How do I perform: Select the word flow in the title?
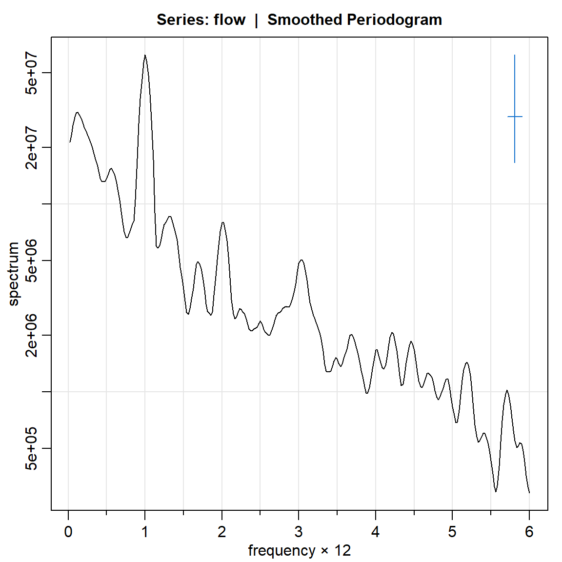[x=229, y=20]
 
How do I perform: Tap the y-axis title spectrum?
[x=14, y=274]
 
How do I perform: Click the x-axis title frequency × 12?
[x=299, y=551]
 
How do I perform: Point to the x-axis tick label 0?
[x=68, y=532]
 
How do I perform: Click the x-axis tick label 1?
[x=145, y=532]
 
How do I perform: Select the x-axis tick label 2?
[x=222, y=532]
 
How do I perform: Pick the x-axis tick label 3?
[x=299, y=532]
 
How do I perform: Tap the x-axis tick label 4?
[x=375, y=532]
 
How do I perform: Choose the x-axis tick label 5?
[x=452, y=532]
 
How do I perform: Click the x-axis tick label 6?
[x=529, y=532]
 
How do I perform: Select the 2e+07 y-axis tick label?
[x=31, y=147]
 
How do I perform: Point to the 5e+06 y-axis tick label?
[x=31, y=261]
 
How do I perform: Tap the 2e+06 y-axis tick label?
[x=31, y=335]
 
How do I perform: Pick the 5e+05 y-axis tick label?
[x=31, y=448]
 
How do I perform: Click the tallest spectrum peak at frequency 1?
[x=145, y=56]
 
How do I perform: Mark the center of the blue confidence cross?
[x=515, y=117]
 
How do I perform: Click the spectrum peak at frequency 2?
[x=222, y=223]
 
